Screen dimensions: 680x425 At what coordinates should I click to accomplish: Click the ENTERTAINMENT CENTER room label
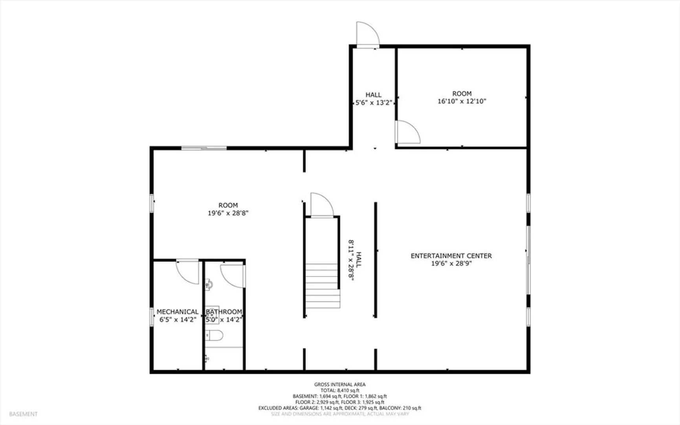[451, 256]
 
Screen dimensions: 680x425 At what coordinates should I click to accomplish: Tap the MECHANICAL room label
[178, 312]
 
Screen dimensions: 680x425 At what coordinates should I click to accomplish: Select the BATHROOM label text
[224, 312]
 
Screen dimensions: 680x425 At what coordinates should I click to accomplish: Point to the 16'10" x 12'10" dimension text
[462, 101]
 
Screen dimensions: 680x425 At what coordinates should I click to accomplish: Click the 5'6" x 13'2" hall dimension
[374, 103]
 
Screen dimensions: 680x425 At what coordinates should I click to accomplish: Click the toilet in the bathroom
[214, 335]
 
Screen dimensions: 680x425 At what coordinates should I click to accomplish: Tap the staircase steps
[323, 286]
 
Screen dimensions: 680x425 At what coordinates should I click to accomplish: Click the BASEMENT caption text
[23, 414]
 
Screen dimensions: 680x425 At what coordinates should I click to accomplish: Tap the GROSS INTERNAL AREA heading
[340, 384]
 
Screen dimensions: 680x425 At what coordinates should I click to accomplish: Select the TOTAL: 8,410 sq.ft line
[340, 390]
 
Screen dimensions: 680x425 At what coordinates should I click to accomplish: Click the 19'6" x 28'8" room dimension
[228, 213]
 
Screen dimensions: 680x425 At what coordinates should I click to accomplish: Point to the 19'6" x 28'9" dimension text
[451, 264]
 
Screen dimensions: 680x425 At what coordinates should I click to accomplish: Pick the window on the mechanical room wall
[152, 317]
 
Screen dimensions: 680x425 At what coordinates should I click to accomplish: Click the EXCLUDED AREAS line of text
[340, 408]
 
